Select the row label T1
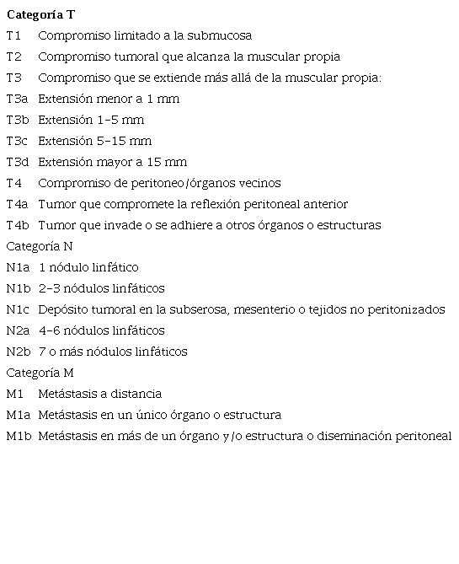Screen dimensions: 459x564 [13, 35]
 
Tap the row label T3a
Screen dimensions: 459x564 [17, 99]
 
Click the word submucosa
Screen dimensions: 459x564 [219, 35]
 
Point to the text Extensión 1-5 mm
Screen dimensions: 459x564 [91, 120]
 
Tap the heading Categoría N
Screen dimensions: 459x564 [40, 246]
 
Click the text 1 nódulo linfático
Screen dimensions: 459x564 [88, 267]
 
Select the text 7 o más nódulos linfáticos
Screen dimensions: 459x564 [113, 352]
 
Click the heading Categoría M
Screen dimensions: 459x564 [40, 373]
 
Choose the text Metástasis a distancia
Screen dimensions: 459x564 [100, 394]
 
